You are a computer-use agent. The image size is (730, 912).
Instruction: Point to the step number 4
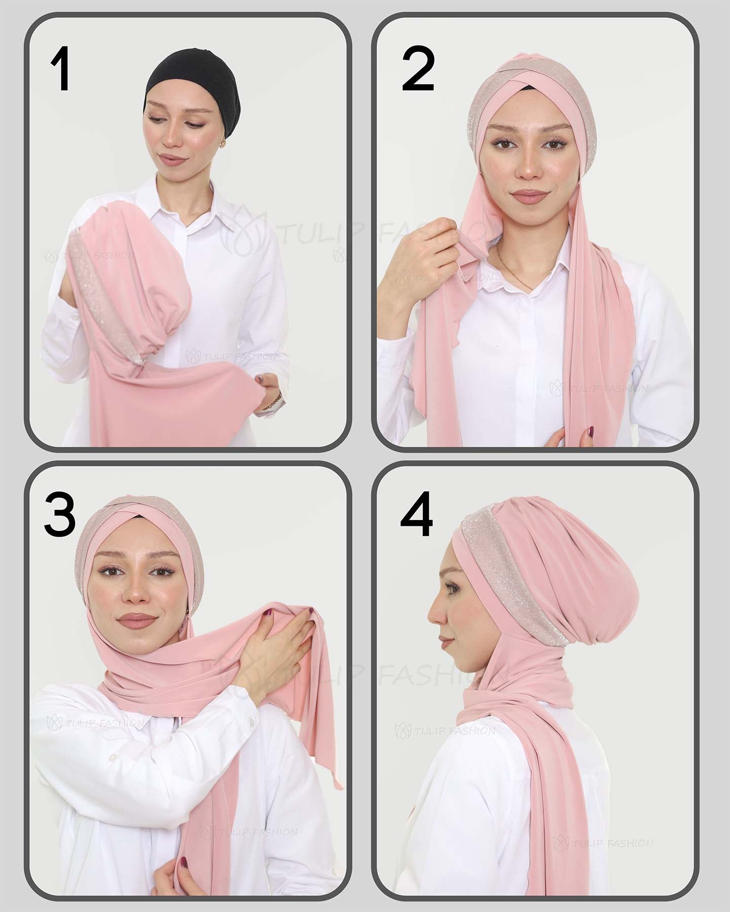(417, 514)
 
